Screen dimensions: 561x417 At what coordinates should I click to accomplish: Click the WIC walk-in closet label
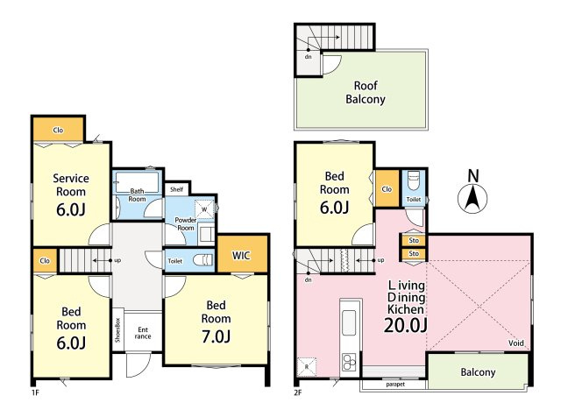tap(241, 255)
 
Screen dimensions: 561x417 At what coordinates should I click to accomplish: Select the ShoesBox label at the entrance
tap(117, 329)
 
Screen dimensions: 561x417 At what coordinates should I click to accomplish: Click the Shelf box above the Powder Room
tap(177, 189)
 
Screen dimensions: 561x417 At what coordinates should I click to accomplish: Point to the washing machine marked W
tap(204, 208)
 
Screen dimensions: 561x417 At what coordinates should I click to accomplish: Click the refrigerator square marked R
tap(307, 366)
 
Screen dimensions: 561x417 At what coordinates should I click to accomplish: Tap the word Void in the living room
tap(516, 343)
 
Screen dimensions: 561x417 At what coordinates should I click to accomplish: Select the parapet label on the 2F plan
tap(395, 385)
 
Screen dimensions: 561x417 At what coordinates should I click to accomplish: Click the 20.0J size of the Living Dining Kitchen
tap(405, 325)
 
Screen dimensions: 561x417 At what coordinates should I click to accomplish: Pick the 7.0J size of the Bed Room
tap(216, 336)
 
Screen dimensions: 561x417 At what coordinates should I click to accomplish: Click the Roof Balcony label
tap(366, 92)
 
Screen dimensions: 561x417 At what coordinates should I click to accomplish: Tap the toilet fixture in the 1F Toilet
tap(202, 260)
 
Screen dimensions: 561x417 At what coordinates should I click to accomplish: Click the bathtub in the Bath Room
tap(137, 183)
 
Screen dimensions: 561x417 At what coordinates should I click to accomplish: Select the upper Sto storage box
tap(414, 240)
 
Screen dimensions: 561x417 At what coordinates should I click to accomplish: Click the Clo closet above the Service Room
tap(59, 131)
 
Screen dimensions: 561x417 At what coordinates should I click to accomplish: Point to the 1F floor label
tap(35, 392)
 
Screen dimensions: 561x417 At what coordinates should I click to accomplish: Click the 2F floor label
tap(298, 392)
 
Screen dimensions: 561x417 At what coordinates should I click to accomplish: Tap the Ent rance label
tap(143, 333)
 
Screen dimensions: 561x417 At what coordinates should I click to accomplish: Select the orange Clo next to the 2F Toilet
tap(387, 188)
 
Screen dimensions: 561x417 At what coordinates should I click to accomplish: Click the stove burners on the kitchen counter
tap(349, 362)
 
